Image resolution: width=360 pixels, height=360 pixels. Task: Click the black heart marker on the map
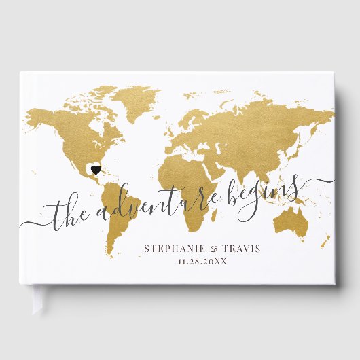(x=96, y=169)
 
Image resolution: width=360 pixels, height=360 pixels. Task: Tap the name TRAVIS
(x=238, y=249)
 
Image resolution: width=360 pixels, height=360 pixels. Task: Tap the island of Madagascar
(x=215, y=204)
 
